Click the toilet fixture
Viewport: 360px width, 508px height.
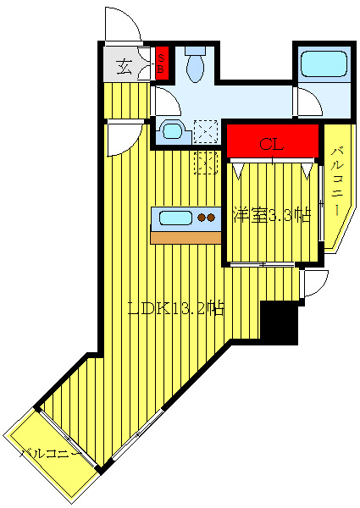click(x=195, y=64)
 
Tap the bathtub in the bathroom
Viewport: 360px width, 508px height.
click(x=324, y=63)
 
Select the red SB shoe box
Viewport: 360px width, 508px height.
click(x=162, y=63)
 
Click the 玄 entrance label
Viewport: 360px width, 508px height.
click(x=125, y=67)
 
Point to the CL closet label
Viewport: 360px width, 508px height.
click(x=272, y=144)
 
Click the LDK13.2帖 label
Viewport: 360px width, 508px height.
click(x=176, y=309)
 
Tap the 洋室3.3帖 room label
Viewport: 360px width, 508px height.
click(x=272, y=215)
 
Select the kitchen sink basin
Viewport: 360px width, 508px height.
click(x=175, y=218)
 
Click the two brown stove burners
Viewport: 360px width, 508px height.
click(x=207, y=218)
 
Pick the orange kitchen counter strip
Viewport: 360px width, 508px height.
click(x=186, y=238)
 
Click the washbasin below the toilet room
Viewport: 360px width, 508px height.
click(x=172, y=131)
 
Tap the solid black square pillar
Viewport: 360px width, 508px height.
click(x=279, y=323)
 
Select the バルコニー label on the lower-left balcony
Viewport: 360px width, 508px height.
click(x=51, y=453)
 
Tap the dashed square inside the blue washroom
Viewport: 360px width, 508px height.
click(x=206, y=131)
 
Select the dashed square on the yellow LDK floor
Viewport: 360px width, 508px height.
click(x=206, y=163)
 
